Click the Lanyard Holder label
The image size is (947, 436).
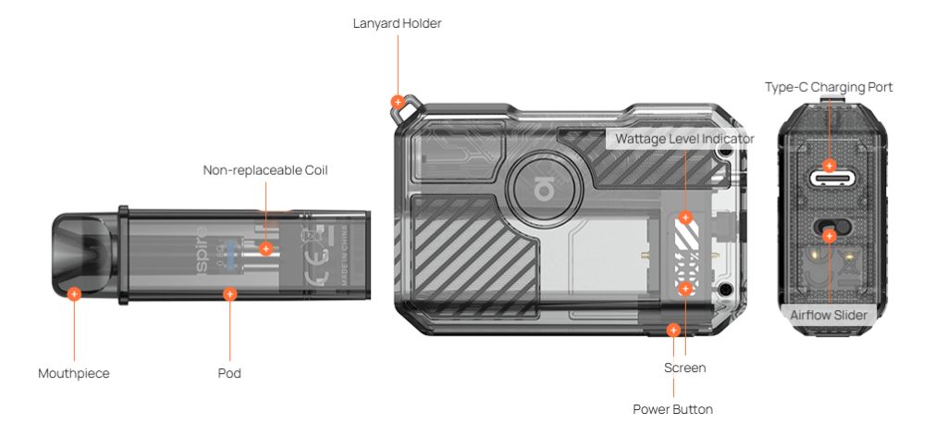(397, 23)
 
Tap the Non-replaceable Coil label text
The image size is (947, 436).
(265, 170)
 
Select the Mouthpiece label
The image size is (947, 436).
(74, 374)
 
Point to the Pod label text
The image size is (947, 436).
(229, 374)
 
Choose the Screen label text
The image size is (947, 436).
(684, 367)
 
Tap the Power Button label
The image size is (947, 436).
(672, 409)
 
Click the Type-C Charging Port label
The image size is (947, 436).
(829, 87)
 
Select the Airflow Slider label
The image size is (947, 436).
(829, 315)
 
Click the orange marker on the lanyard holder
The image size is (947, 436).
(398, 102)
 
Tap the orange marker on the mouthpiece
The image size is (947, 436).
(74, 293)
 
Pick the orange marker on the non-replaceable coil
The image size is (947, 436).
(265, 248)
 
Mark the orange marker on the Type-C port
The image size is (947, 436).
(830, 167)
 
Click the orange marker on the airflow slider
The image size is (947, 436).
(830, 236)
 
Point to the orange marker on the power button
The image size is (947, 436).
(673, 330)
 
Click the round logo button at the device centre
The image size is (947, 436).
(542, 190)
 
